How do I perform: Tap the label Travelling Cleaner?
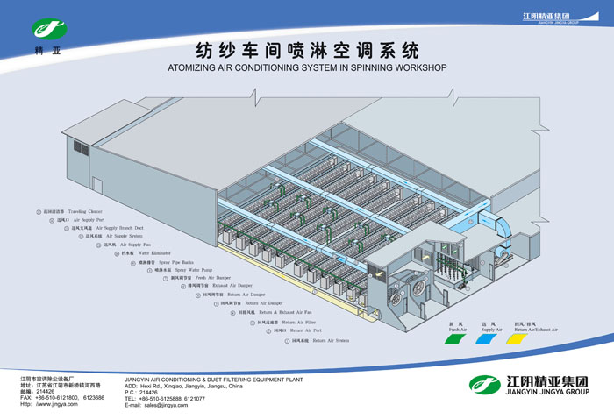87,212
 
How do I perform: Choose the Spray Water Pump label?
188,271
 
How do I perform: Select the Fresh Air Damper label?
205,278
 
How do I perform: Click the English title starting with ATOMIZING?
307,67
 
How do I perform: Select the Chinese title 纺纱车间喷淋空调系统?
307,49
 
